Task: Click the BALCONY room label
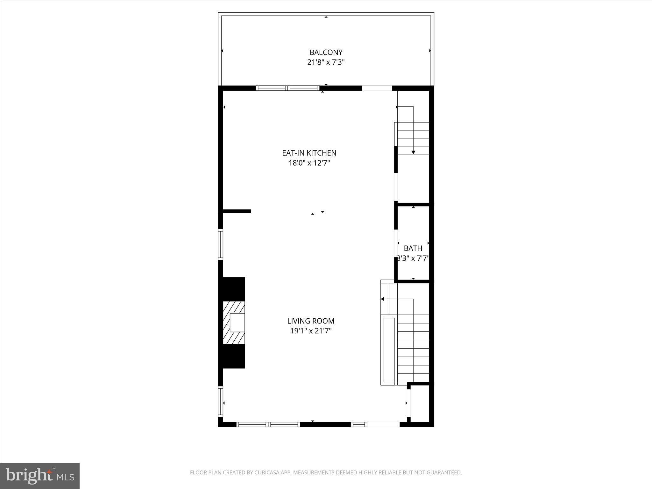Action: pos(326,52)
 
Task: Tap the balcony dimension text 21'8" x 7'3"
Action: pos(326,62)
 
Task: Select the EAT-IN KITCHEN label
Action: pos(309,153)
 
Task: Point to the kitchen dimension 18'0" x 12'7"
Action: pos(309,163)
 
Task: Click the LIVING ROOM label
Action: pos(311,321)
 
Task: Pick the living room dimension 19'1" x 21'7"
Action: pos(311,331)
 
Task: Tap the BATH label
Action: pos(413,248)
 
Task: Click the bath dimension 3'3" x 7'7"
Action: pos(413,258)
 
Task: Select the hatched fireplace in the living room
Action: pos(234,322)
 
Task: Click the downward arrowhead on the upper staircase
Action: pos(413,152)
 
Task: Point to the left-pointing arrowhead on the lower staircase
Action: pos(383,299)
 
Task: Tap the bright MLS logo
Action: pos(40,476)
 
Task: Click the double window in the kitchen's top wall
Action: pos(288,88)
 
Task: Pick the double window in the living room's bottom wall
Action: pos(268,424)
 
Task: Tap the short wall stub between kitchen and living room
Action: pos(237,211)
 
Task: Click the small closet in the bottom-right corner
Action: pos(420,403)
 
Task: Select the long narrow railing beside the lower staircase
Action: pos(389,350)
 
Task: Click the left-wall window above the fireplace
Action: pos(220,244)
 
